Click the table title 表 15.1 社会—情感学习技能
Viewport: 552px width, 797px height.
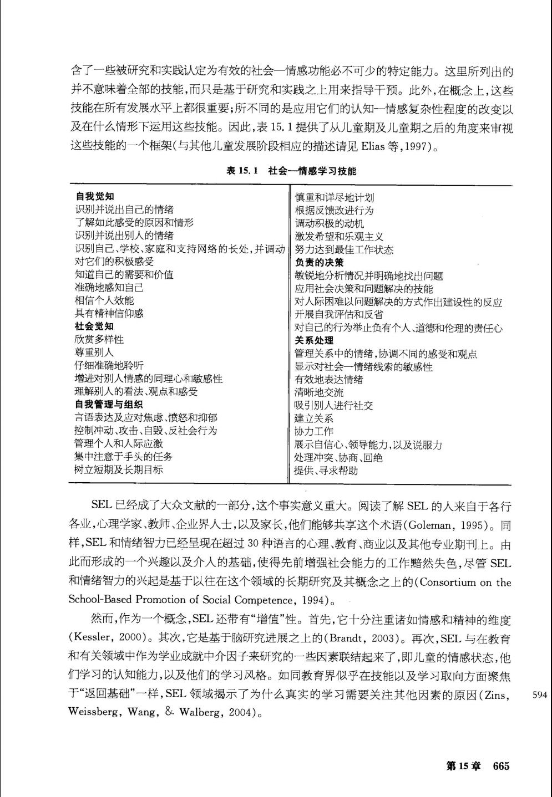(x=291, y=171)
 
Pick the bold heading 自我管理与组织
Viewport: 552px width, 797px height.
(x=109, y=404)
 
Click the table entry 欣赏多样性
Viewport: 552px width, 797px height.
(x=99, y=339)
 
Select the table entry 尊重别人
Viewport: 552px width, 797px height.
(x=94, y=352)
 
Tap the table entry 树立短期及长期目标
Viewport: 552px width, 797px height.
(x=119, y=469)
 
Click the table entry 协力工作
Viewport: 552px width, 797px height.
(x=314, y=431)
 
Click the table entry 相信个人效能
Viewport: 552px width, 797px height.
(x=104, y=300)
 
